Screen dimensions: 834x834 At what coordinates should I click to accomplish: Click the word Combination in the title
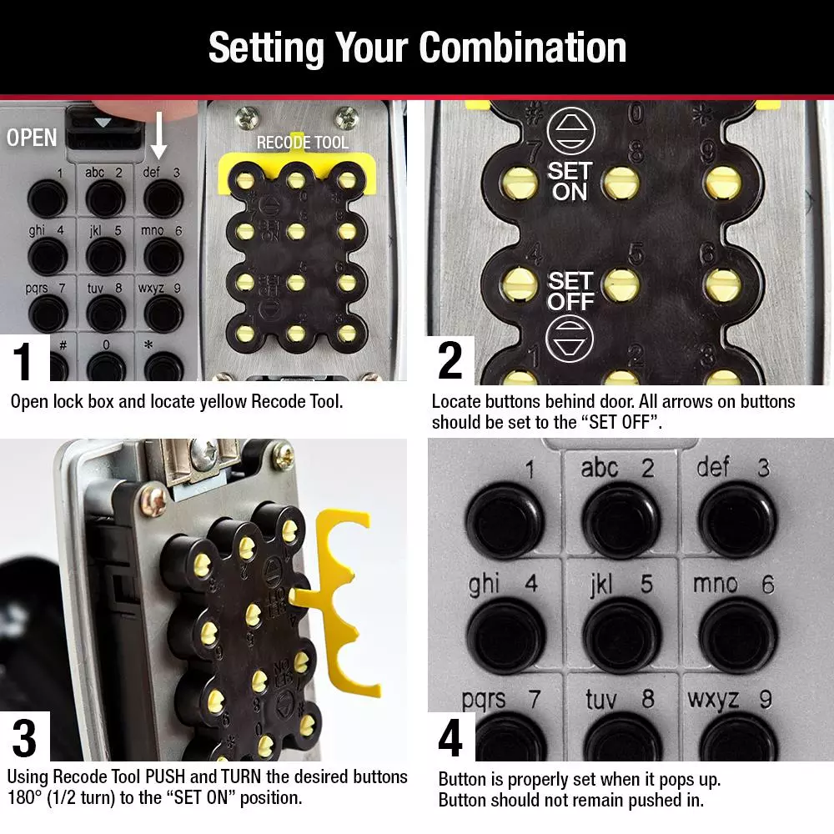point(522,48)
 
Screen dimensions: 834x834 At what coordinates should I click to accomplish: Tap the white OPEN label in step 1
point(32,138)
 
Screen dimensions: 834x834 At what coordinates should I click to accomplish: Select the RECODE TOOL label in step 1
point(302,143)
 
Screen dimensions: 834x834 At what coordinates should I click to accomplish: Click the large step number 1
point(25,360)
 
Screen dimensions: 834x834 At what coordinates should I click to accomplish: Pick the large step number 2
point(450,360)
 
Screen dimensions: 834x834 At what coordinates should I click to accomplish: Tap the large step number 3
point(25,739)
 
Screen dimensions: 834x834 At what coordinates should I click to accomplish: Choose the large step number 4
point(450,739)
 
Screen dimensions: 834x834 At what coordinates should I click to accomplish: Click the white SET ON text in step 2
point(569,182)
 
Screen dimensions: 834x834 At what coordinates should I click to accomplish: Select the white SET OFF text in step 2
point(570,291)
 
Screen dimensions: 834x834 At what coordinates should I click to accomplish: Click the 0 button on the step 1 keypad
point(105,364)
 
